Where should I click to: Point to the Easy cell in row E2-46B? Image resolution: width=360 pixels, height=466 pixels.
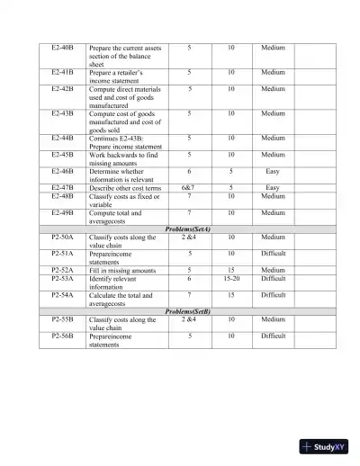(273, 170)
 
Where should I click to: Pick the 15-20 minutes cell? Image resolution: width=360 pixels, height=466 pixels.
(231, 278)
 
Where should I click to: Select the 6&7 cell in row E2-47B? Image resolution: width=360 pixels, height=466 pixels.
(189, 187)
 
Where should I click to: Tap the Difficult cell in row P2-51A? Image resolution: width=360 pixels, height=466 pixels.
(273, 254)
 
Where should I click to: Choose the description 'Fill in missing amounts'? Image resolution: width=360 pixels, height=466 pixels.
(121, 270)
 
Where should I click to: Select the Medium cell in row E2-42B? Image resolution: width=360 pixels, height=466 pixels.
(273, 89)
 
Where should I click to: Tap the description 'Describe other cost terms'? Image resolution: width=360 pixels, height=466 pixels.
(124, 187)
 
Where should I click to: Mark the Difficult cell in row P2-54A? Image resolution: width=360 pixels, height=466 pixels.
(273, 294)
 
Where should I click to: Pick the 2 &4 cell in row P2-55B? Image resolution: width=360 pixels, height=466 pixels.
(189, 319)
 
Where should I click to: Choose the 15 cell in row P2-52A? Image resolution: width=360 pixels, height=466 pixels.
(231, 270)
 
